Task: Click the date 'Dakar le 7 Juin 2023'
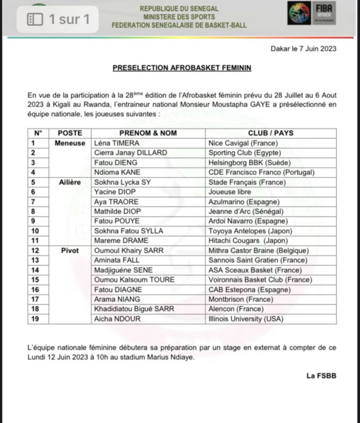point(303,49)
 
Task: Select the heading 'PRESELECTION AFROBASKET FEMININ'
point(182,68)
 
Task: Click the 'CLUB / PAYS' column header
point(270,133)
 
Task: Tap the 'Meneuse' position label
point(70,143)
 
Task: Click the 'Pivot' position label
point(70,251)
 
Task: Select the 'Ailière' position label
point(70,182)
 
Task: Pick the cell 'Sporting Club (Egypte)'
point(244,153)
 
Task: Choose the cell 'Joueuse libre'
point(229,191)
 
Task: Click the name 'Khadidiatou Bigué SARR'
point(134,309)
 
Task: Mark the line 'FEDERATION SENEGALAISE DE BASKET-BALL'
point(179,25)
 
